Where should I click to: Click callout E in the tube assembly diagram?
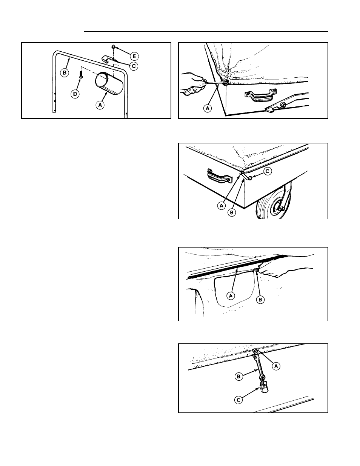coord(134,56)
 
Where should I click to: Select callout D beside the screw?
coord(75,94)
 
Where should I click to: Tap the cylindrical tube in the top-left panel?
coord(109,83)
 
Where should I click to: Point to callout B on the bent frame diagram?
coord(64,73)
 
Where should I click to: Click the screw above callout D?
coord(81,75)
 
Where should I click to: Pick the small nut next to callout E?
coord(114,46)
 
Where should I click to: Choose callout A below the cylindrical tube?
coord(100,105)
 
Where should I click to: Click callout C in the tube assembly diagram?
coord(134,66)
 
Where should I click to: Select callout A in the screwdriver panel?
coord(208,108)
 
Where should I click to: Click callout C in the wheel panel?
coord(268,171)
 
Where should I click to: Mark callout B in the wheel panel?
coord(232,212)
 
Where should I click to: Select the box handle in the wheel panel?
coord(219,176)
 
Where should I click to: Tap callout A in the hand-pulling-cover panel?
coord(231,296)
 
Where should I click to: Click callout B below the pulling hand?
coord(260,300)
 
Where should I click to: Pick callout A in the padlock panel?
coord(276,366)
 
